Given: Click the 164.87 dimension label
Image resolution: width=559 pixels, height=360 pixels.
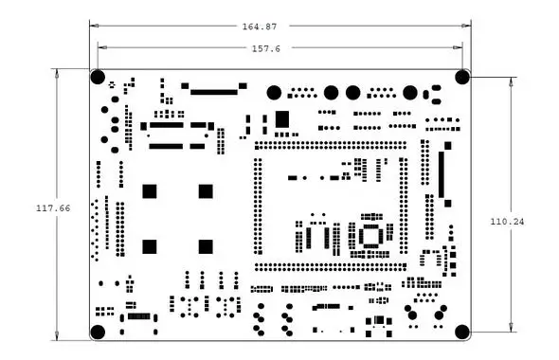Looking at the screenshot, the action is pyautogui.click(x=260, y=27).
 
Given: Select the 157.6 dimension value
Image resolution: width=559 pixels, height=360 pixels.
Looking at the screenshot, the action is pyautogui.click(x=266, y=49).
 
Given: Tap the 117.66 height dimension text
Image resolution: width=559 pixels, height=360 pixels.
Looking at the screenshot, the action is pyautogui.click(x=53, y=208).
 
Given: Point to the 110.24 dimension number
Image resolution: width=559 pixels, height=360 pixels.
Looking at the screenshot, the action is pyautogui.click(x=507, y=222).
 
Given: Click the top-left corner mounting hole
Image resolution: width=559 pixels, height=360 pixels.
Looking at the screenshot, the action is pyautogui.click(x=98, y=78).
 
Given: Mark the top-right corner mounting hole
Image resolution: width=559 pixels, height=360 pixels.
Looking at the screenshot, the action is pyautogui.click(x=462, y=78).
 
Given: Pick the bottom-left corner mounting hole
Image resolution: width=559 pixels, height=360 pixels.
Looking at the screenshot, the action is pyautogui.click(x=98, y=333).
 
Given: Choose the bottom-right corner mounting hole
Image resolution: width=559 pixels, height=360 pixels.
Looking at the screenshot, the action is pyautogui.click(x=462, y=333).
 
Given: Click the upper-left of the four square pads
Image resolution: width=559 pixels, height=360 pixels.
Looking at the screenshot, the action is pyautogui.click(x=150, y=191).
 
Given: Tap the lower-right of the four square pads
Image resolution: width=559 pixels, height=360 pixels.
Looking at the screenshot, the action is pyautogui.click(x=206, y=246).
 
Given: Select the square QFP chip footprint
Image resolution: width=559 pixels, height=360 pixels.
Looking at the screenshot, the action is pyautogui.click(x=370, y=236).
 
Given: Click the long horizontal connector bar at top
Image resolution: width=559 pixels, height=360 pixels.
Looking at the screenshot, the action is pyautogui.click(x=214, y=92).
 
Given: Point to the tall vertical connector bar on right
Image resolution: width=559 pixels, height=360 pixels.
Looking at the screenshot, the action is pyautogui.click(x=442, y=174).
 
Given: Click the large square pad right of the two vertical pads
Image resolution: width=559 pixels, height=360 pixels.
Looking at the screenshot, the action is pyautogui.click(x=282, y=119).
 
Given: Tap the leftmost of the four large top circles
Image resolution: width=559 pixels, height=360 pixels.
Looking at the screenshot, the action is pyautogui.click(x=274, y=93).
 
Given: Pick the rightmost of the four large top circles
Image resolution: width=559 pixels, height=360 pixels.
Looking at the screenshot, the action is pyautogui.click(x=410, y=93).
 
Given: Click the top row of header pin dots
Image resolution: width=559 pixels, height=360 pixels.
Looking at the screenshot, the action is pyautogui.click(x=331, y=146).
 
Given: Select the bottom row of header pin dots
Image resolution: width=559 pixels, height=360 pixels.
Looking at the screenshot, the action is pyautogui.click(x=331, y=267).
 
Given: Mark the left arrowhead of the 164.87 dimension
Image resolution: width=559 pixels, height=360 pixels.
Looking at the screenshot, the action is pyautogui.click(x=94, y=26).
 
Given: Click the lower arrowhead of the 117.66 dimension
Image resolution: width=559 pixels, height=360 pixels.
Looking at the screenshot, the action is pyautogui.click(x=57, y=335).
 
